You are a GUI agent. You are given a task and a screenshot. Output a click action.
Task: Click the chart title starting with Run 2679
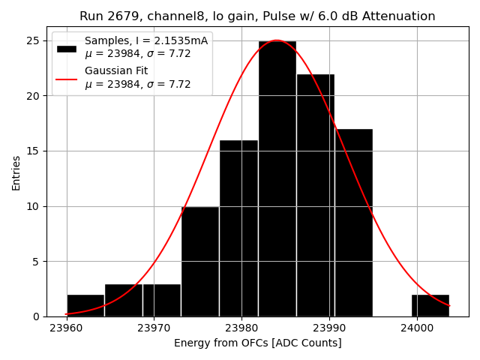[257, 16]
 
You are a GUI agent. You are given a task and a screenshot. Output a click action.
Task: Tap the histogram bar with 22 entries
[315, 195]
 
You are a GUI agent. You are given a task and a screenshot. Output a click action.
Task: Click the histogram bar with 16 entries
[238, 228]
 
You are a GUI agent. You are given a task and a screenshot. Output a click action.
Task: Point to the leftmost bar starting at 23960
[85, 305]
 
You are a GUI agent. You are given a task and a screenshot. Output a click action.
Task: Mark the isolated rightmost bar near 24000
[430, 305]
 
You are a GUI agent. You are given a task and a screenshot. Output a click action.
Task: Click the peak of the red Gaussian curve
[277, 40]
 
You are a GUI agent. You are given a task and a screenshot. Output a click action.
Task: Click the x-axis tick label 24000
[416, 328]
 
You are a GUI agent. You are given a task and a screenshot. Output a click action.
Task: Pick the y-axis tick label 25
[34, 40]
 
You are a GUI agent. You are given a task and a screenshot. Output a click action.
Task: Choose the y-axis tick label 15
[34, 151]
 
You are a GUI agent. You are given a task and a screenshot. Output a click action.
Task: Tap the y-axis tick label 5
[37, 261]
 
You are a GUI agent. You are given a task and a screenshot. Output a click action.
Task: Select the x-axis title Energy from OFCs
[257, 343]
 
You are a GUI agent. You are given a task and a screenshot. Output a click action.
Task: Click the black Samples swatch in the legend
[67, 48]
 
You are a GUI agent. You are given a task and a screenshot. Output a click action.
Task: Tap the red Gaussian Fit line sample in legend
[67, 78]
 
